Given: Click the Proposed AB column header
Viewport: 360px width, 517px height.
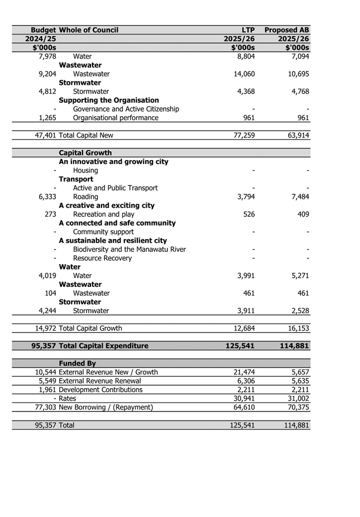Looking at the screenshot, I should click(x=287, y=30).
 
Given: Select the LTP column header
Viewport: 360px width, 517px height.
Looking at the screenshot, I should click(x=245, y=30).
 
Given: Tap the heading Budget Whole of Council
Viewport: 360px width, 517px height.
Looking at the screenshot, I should click(x=74, y=30).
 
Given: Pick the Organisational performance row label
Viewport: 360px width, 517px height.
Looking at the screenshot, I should click(x=116, y=118).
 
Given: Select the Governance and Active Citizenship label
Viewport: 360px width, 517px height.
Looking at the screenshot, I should click(x=126, y=109).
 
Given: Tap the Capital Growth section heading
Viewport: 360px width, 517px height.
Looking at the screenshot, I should click(x=85, y=153).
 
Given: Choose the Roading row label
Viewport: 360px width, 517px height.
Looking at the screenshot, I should click(x=85, y=197).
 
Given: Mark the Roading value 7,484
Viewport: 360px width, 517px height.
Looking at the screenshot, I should click(x=296, y=197).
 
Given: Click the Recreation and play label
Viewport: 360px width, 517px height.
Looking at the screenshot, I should click(x=104, y=214).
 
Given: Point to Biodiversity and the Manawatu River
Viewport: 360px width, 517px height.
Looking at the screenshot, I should click(x=129, y=249).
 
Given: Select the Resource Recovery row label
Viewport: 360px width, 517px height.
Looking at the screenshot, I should click(x=103, y=258).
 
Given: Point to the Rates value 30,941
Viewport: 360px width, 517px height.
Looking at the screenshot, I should click(x=243, y=399).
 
